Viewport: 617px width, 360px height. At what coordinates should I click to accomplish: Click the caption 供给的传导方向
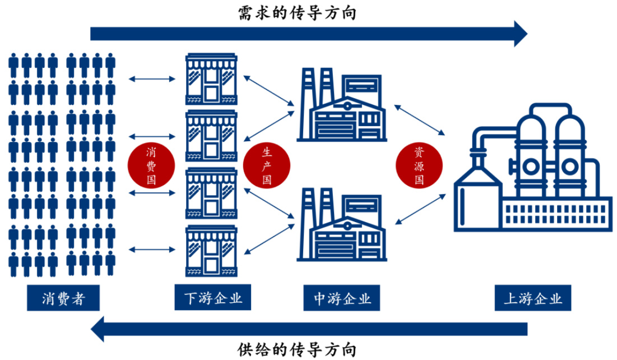(x=296, y=349)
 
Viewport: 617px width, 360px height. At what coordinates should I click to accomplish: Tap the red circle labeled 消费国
(x=151, y=166)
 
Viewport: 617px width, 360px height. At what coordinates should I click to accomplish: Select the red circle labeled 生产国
(x=267, y=166)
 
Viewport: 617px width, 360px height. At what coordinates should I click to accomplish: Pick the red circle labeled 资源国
(x=419, y=166)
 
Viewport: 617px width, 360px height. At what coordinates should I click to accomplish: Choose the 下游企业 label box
(x=213, y=298)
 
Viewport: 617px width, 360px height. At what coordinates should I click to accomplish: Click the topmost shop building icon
(x=211, y=79)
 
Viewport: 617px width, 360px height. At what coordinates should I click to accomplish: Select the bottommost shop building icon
(x=211, y=251)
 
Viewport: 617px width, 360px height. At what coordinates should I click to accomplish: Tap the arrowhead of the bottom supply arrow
(x=99, y=329)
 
